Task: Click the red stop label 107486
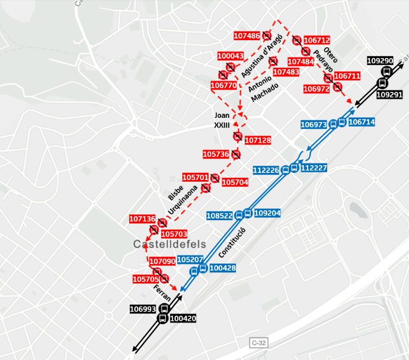[x=247, y=36]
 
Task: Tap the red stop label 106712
[x=317, y=40]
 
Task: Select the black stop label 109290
[x=380, y=61]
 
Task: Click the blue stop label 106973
[x=314, y=125]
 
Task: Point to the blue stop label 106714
[x=361, y=122]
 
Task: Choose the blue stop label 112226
[x=266, y=170]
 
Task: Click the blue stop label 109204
[x=267, y=213]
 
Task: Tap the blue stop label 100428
[x=223, y=268]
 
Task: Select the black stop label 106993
[x=143, y=309]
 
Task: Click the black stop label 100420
[x=183, y=319]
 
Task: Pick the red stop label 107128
[x=258, y=140]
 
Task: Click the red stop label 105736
[x=216, y=154]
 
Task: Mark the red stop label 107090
[x=162, y=261]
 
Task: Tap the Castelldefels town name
[x=169, y=244]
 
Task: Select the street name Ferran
[x=162, y=293]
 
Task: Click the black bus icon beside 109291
[x=382, y=82]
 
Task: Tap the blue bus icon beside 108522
[x=239, y=215]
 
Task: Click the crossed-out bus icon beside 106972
[x=337, y=87]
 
